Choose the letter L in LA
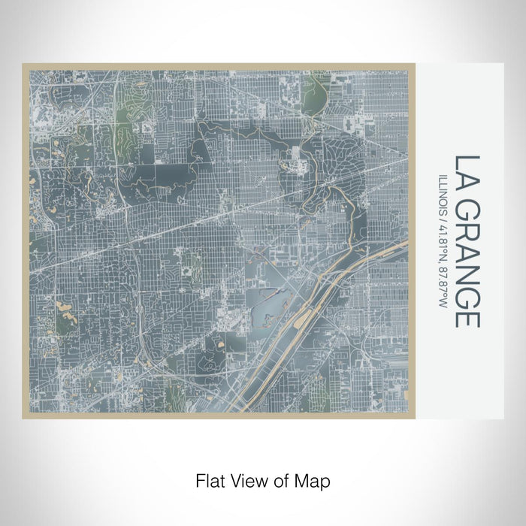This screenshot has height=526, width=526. (467, 162)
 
